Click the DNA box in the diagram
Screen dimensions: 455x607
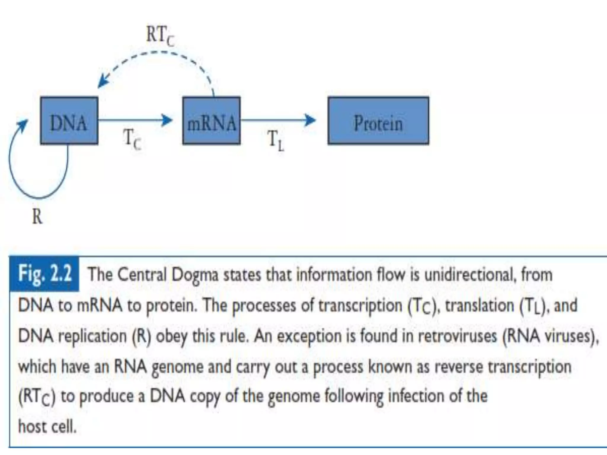[x=69, y=121]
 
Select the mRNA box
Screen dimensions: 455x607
[x=211, y=121]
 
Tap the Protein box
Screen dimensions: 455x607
[x=378, y=121]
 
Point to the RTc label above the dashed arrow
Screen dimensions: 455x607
[x=160, y=36]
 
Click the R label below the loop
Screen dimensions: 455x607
[x=37, y=217]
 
